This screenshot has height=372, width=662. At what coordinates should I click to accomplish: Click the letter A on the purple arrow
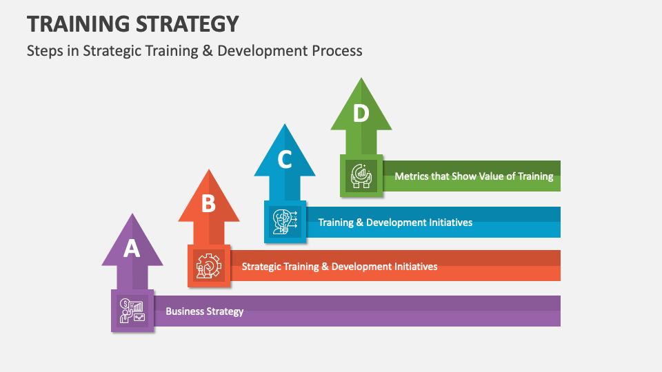pyautogui.click(x=132, y=249)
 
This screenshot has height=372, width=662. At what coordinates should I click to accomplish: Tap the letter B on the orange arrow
pyautogui.click(x=208, y=204)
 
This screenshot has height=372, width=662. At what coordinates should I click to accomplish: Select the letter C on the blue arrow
pyautogui.click(x=285, y=160)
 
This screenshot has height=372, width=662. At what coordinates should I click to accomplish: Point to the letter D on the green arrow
pyautogui.click(x=361, y=114)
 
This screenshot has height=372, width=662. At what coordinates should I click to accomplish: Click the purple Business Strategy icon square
pyautogui.click(x=132, y=311)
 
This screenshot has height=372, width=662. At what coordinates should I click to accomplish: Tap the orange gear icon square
pyautogui.click(x=209, y=265)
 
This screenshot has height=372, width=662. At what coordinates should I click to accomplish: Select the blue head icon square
pyautogui.click(x=285, y=221)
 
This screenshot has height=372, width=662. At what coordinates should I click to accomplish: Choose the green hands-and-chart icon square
pyautogui.click(x=361, y=176)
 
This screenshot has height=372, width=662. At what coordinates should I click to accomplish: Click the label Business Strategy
pyautogui.click(x=204, y=311)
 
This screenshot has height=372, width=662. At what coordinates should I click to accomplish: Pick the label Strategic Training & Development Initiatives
pyautogui.click(x=339, y=267)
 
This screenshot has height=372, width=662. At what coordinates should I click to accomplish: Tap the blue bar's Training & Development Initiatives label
pyautogui.click(x=395, y=223)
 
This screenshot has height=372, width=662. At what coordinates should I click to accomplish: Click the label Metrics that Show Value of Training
pyautogui.click(x=474, y=176)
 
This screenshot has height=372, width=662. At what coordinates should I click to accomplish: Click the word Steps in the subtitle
pyautogui.click(x=44, y=51)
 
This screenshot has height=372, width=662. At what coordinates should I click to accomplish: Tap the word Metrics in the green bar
pyautogui.click(x=412, y=176)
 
